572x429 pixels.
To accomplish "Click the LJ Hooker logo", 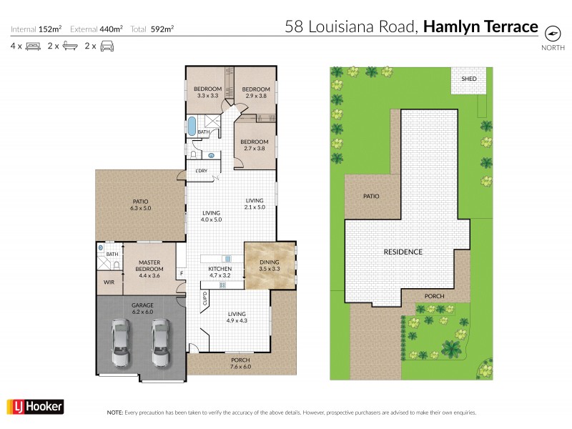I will click(x=35, y=407).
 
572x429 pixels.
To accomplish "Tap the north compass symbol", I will click(x=552, y=33).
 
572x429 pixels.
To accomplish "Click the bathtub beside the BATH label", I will click(x=192, y=127).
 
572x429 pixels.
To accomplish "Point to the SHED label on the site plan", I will click(x=469, y=79).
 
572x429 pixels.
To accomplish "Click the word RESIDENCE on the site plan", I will click(x=403, y=252).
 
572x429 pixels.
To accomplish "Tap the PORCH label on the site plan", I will click(x=434, y=296).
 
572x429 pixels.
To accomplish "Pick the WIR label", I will click(x=109, y=283).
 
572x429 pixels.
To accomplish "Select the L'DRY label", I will click(x=202, y=171).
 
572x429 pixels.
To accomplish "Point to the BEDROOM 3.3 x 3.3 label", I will click(x=207, y=92).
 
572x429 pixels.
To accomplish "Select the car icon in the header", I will click(x=107, y=46).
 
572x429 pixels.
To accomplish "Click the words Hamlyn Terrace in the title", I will click(x=480, y=27).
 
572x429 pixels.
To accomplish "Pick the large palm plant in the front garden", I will click(x=451, y=348).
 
